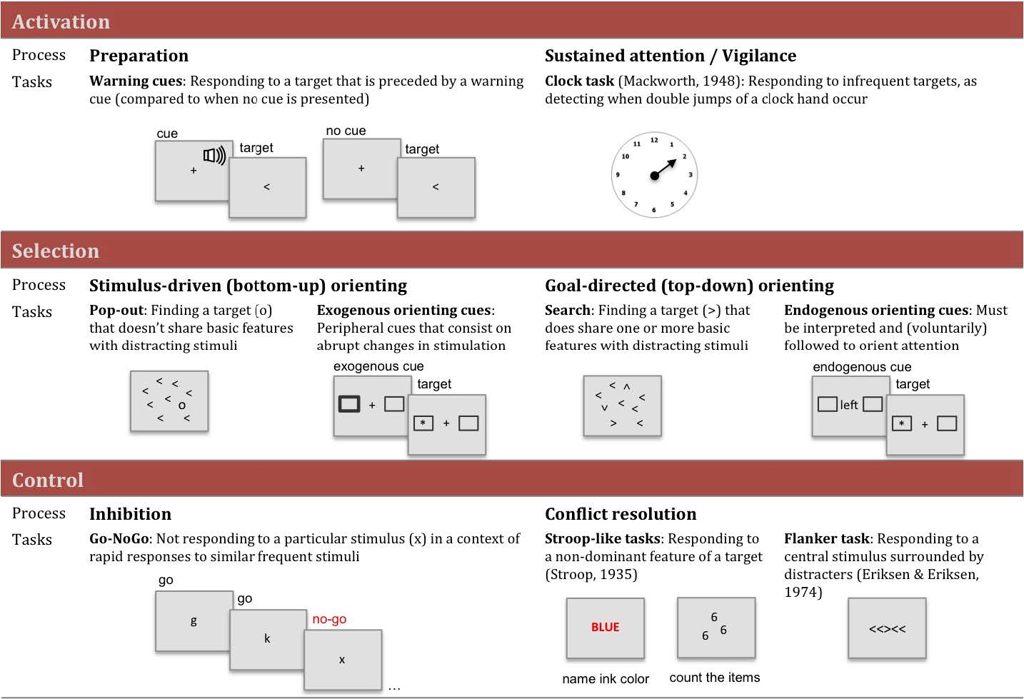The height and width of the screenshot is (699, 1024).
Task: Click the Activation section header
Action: pyautogui.click(x=61, y=22)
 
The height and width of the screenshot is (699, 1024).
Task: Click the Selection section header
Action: pyautogui.click(x=56, y=251)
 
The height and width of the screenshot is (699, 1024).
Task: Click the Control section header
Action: pyautogui.click(x=48, y=480)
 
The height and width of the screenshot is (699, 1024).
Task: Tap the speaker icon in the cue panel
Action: pyautogui.click(x=214, y=155)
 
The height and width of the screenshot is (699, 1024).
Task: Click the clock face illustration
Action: pyautogui.click(x=654, y=175)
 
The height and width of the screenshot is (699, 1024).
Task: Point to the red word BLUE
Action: pyautogui.click(x=605, y=627)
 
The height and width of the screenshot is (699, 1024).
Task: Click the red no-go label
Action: pyautogui.click(x=329, y=619)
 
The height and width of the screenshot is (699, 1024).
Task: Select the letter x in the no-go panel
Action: pyautogui.click(x=342, y=660)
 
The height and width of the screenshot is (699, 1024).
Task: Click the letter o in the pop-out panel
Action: pyautogui.click(x=182, y=406)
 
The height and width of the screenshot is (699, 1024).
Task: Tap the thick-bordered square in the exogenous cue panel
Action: pyautogui.click(x=348, y=404)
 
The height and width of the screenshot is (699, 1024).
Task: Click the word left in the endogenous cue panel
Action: pyautogui.click(x=849, y=405)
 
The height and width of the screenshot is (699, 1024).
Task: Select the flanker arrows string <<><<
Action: pyautogui.click(x=887, y=629)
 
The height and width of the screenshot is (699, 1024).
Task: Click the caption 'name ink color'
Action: pyautogui.click(x=606, y=679)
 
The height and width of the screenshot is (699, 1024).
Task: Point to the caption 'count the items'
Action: pyautogui.click(x=715, y=678)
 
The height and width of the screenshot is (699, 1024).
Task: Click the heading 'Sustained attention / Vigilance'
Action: pyautogui.click(x=671, y=56)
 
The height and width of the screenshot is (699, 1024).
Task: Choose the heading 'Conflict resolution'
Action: pyautogui.click(x=621, y=514)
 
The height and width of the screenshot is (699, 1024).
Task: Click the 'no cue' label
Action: pyautogui.click(x=346, y=131)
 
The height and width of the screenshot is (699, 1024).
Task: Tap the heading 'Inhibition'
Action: pyautogui.click(x=130, y=514)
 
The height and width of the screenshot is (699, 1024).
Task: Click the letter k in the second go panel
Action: pyautogui.click(x=267, y=638)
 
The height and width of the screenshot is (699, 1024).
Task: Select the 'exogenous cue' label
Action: pyautogui.click(x=378, y=366)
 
